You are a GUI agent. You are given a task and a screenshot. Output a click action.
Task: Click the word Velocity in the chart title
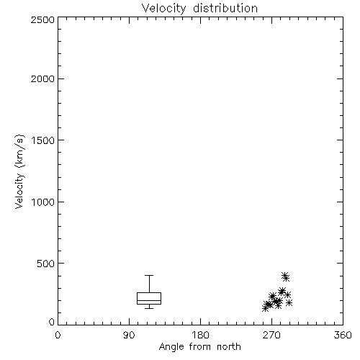pyautogui.click(x=163, y=9)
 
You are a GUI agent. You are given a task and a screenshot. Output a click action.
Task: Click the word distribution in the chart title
pyautogui.click(x=225, y=8)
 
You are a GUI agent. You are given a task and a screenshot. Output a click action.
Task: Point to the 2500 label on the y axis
pyautogui.click(x=42, y=19)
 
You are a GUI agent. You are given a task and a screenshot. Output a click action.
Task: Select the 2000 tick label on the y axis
pyautogui.click(x=42, y=78)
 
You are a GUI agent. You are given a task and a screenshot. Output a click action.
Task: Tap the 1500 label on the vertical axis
pyautogui.click(x=43, y=140)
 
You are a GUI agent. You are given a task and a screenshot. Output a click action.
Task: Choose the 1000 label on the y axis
pyautogui.click(x=43, y=202)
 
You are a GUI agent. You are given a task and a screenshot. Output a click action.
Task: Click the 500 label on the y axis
pyautogui.click(x=46, y=264)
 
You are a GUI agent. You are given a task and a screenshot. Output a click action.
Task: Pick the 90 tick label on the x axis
pyautogui.click(x=129, y=335)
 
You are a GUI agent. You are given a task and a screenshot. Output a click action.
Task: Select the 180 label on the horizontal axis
pyautogui.click(x=200, y=335)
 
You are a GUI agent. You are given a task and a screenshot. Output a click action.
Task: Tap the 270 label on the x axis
pyautogui.click(x=271, y=335)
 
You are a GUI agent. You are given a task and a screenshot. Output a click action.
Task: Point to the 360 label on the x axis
pyautogui.click(x=343, y=335)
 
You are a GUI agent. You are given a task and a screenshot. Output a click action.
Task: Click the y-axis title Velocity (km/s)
pyautogui.click(x=19, y=171)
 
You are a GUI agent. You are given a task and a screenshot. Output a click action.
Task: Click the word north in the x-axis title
pyautogui.click(x=229, y=347)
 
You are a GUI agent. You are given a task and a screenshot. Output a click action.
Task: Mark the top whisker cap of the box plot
pyautogui.click(x=149, y=275)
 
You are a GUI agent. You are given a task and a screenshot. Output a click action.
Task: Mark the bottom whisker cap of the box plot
pyautogui.click(x=149, y=308)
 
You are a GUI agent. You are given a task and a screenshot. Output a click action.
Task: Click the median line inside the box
pyautogui.click(x=149, y=300)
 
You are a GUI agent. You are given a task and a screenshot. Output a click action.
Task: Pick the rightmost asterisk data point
pyautogui.click(x=289, y=303)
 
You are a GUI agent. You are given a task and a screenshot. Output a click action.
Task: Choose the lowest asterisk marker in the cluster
pyautogui.click(x=265, y=308)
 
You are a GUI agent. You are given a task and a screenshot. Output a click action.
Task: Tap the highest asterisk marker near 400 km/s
pyautogui.click(x=284, y=276)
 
